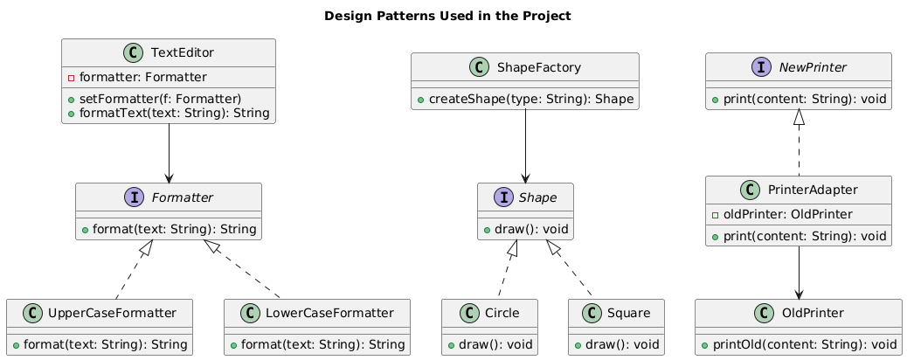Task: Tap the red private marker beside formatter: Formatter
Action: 72,78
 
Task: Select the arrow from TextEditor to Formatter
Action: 169,153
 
